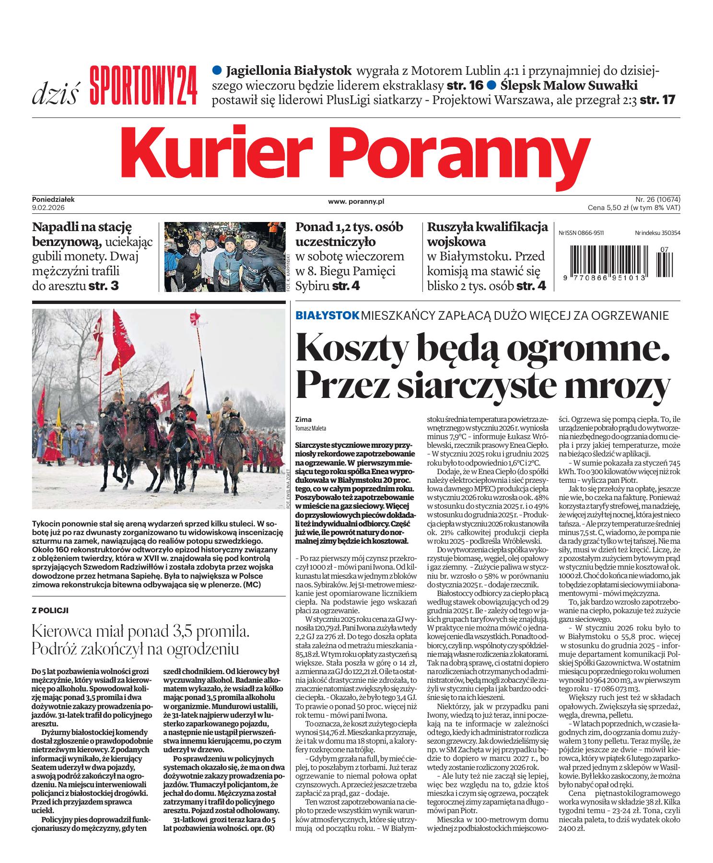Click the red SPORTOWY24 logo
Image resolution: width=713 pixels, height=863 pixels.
143,84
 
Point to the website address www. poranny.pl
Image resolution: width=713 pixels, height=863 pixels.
356,202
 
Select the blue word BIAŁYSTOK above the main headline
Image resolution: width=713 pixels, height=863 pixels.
327,315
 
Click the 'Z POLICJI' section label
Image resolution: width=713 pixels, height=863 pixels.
49,610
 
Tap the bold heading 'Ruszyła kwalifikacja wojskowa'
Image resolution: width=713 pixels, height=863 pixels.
487,234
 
